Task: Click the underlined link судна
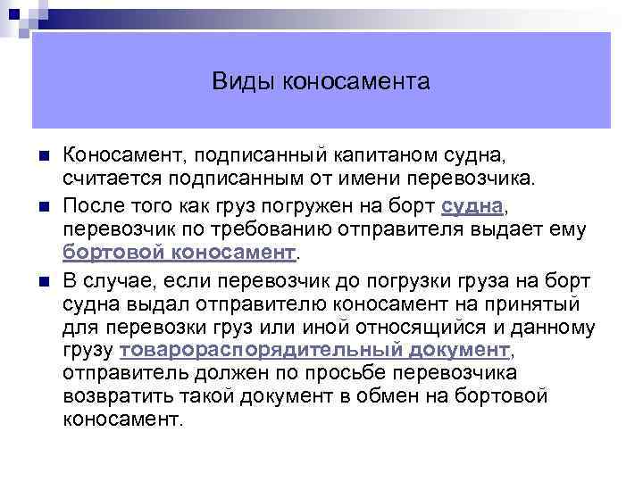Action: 473,206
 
